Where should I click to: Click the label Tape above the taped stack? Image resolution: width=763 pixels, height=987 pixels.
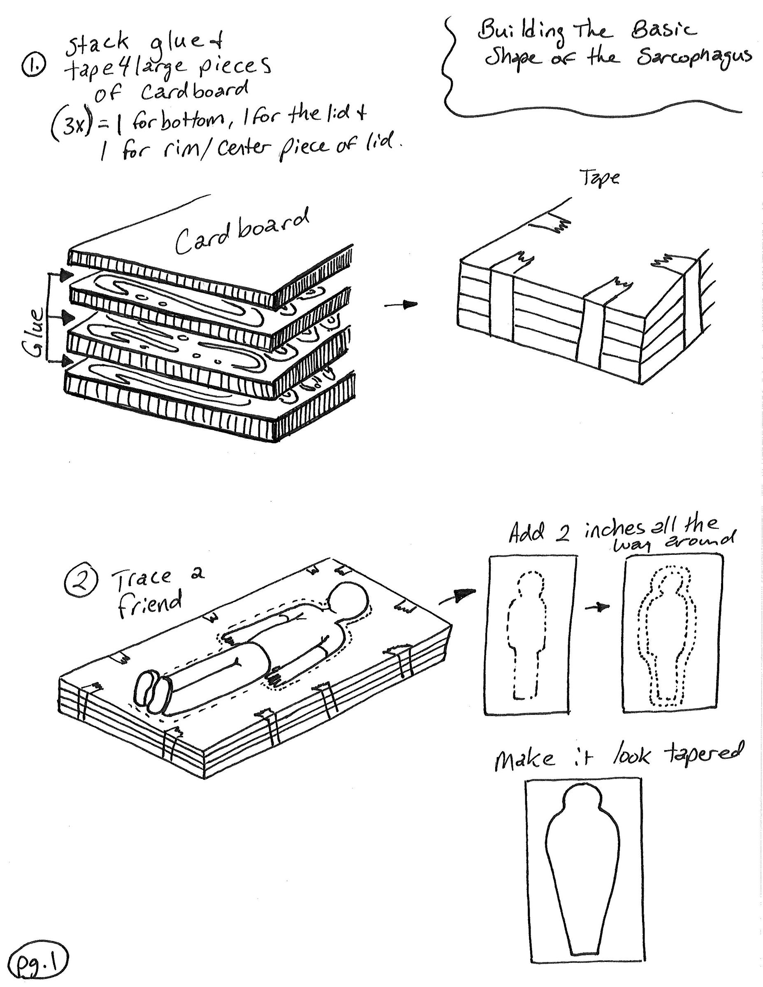[599, 178]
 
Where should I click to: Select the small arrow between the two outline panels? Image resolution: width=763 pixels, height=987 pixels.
[598, 608]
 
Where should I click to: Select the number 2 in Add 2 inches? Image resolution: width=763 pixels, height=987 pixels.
[562, 535]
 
